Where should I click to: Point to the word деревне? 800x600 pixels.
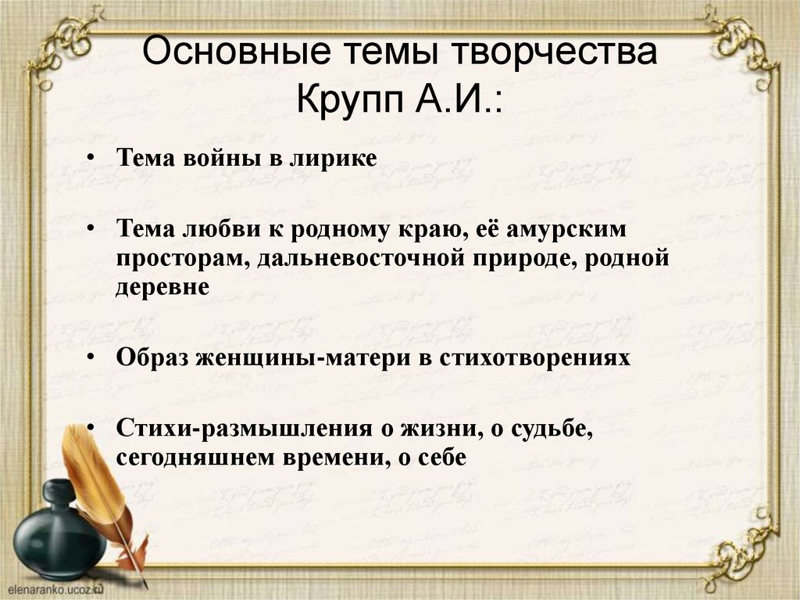(x=163, y=287)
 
